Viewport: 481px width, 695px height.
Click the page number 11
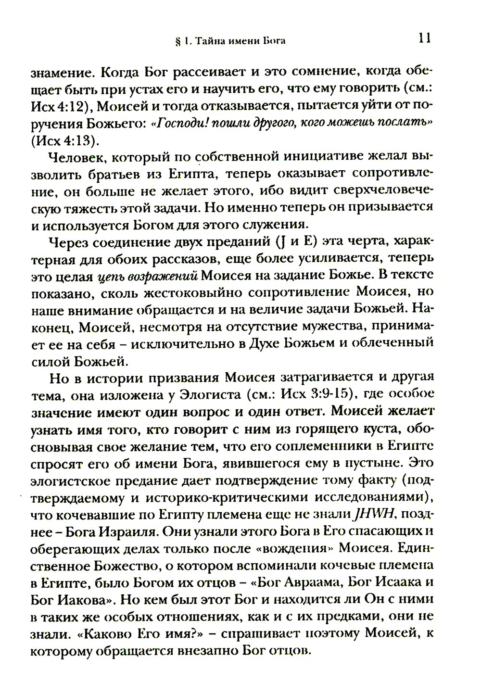tap(423, 38)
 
